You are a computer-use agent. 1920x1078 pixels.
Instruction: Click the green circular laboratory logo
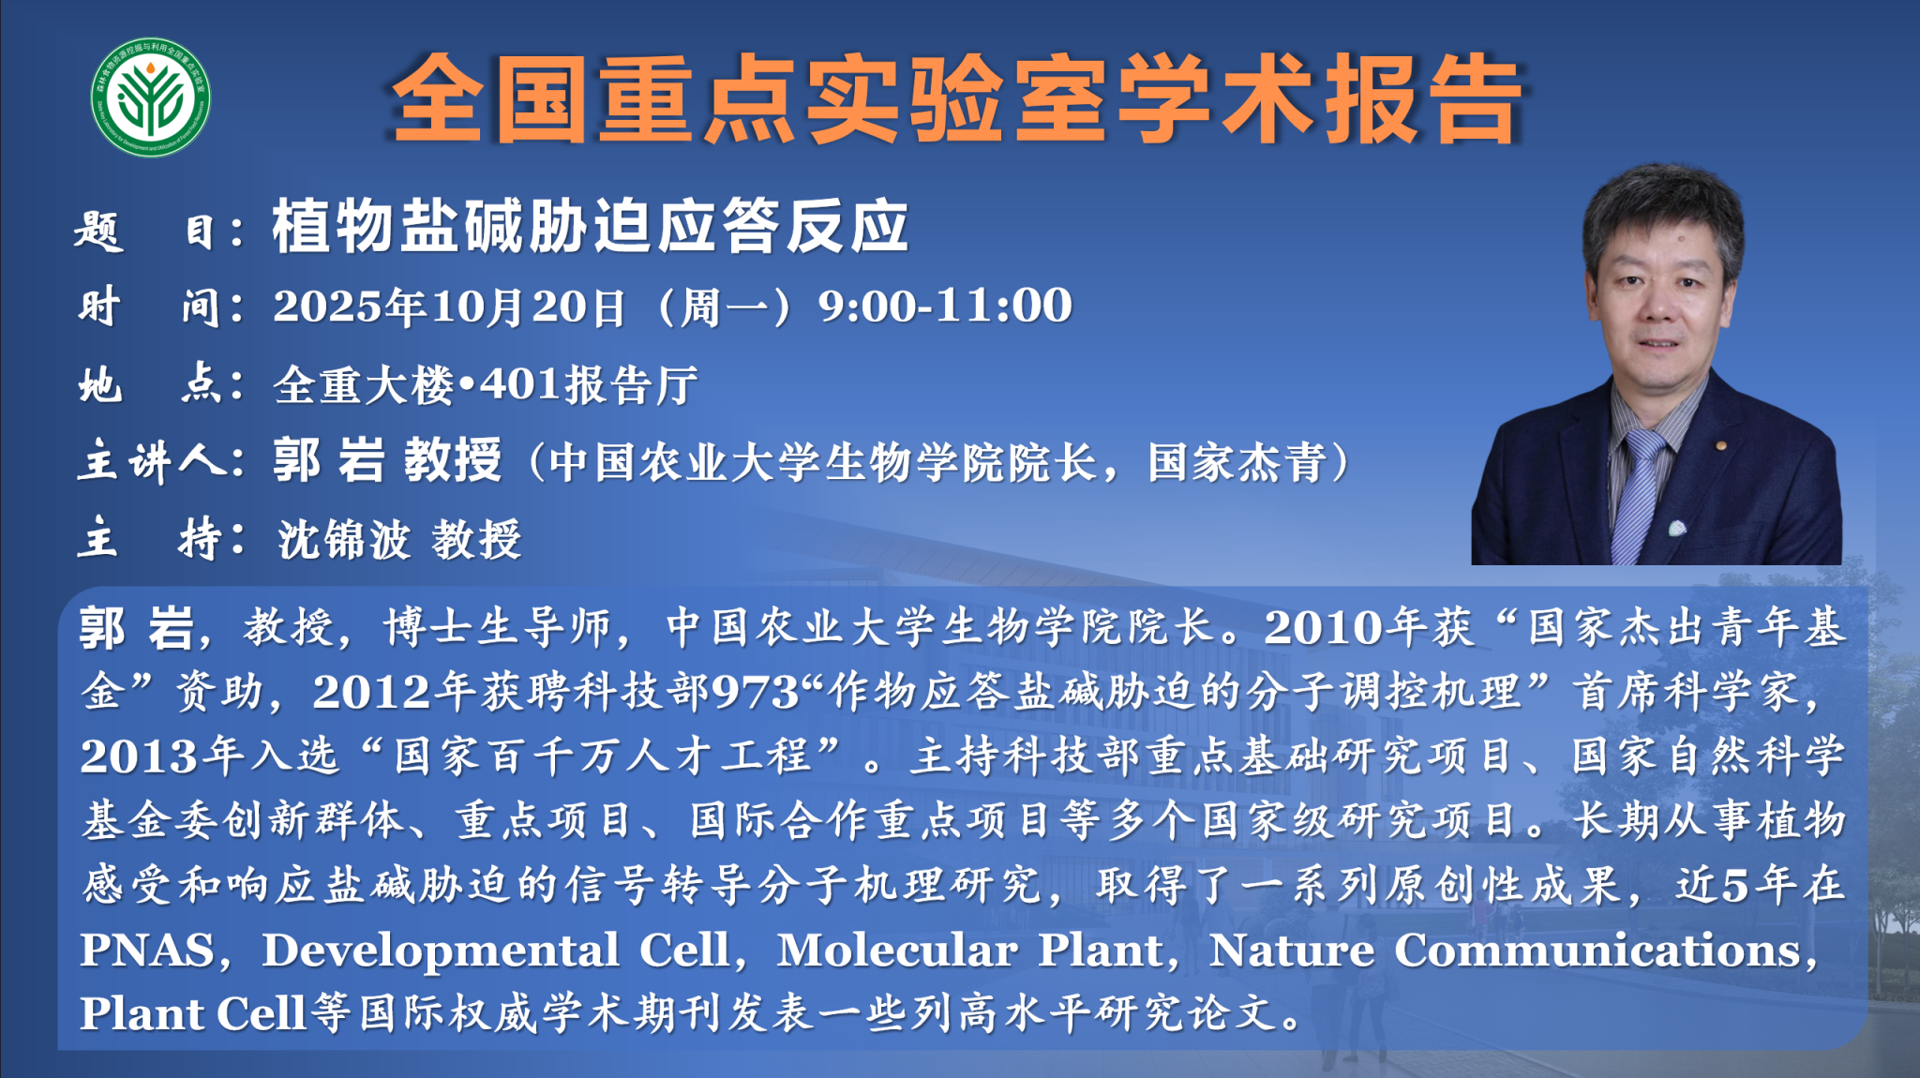pos(151,97)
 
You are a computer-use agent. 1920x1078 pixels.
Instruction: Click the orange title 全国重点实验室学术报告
pos(956,99)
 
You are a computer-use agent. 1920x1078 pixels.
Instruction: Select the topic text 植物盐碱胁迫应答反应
pos(591,226)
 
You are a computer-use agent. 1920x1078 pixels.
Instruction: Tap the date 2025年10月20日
pos(449,307)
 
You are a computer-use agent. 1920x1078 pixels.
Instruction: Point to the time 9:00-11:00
pos(945,306)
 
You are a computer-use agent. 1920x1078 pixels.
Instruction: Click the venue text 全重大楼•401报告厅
pos(486,385)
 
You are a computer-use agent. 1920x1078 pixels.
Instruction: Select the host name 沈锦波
pos(344,539)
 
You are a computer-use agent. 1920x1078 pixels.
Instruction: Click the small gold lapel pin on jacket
pos(1720,445)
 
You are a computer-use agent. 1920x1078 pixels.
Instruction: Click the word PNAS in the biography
pos(147,950)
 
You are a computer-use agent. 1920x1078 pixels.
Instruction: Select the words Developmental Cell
pos(496,950)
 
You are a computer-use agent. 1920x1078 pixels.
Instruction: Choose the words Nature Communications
pos(1506,950)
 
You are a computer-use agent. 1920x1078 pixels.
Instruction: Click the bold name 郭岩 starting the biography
pos(137,627)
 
